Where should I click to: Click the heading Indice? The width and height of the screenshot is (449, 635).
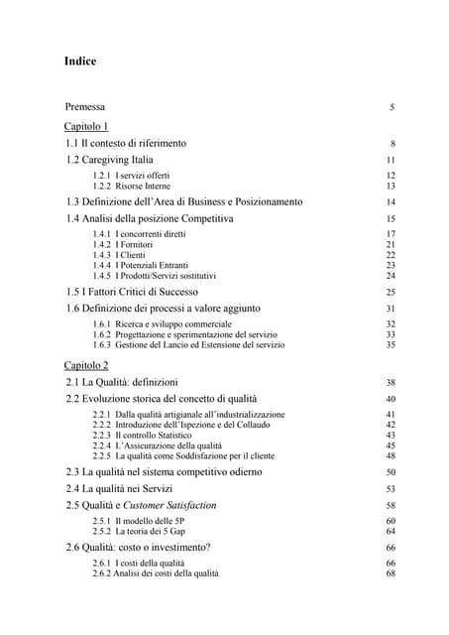(79, 62)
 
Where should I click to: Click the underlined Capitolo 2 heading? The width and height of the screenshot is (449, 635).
(87, 365)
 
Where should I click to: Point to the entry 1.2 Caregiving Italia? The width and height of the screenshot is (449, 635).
(110, 159)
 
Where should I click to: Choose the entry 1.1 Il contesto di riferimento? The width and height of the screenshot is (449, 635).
(126, 143)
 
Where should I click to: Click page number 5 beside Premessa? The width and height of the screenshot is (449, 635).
(393, 107)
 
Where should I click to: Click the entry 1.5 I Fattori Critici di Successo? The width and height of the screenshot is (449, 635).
(147, 292)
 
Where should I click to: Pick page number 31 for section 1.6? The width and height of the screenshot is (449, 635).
(391, 309)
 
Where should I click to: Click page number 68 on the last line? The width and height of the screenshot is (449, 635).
(391, 573)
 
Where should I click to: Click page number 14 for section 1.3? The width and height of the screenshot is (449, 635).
(391, 201)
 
